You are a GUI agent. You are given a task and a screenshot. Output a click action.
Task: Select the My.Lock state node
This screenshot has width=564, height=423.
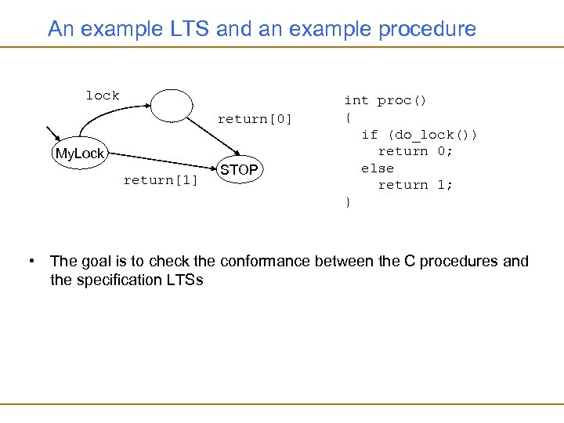point(79,154)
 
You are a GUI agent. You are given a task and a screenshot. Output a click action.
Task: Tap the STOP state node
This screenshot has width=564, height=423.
point(239,170)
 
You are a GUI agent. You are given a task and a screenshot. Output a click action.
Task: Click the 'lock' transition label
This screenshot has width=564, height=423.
point(103,96)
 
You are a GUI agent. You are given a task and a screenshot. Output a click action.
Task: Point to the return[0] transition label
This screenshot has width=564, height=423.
point(255,119)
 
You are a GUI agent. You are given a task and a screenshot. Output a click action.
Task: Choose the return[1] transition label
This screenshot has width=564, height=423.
point(161,181)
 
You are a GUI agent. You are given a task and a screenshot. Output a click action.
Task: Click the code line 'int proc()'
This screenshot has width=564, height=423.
point(385,100)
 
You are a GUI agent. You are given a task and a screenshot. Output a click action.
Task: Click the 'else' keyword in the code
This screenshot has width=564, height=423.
point(377,168)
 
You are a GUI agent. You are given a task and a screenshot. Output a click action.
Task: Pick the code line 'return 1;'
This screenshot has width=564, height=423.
point(415,185)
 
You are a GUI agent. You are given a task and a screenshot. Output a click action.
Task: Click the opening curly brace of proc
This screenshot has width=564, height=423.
point(347,117)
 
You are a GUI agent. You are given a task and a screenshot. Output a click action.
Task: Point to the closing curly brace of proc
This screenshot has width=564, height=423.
point(347,202)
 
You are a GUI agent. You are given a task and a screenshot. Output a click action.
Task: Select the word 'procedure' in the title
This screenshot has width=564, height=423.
point(427,30)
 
